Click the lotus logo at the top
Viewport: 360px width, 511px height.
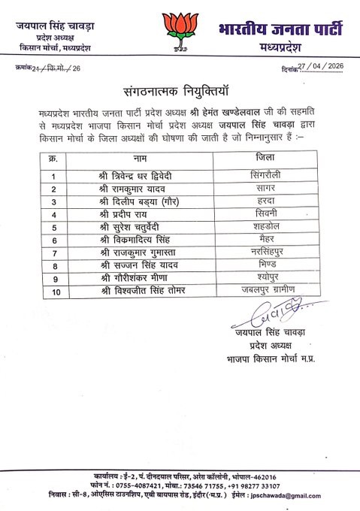click(x=178, y=31)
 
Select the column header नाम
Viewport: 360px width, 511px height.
click(x=140, y=159)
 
